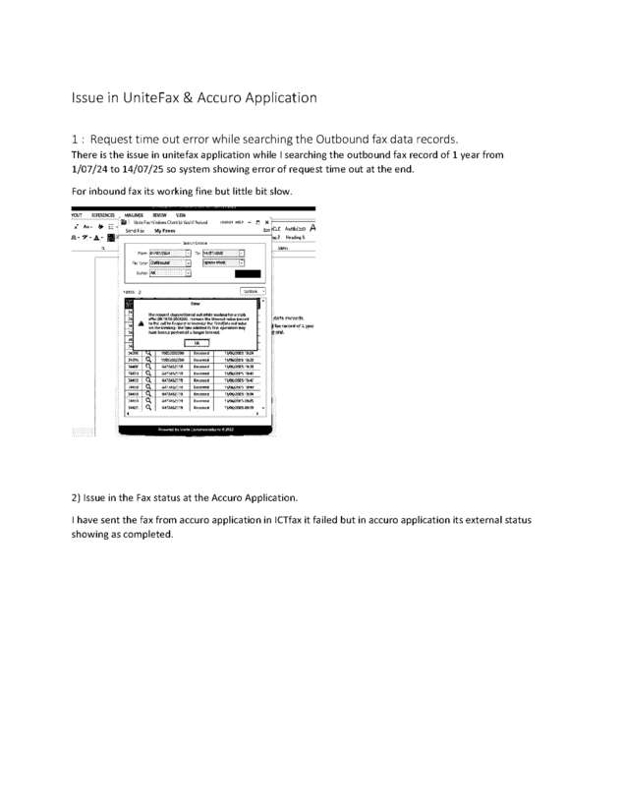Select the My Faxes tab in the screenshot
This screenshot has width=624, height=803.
[178, 230]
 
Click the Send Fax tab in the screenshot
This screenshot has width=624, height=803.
[136, 230]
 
